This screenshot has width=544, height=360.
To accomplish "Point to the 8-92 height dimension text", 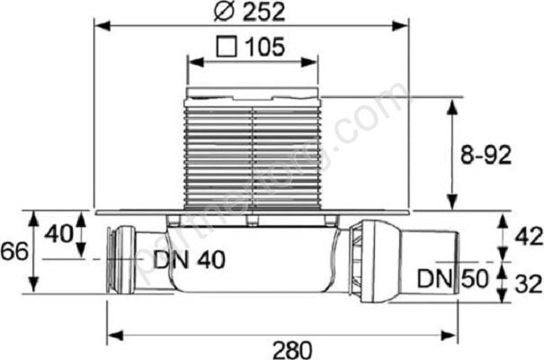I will [x=483, y=155].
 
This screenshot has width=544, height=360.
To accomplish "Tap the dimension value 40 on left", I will [x=58, y=234].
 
